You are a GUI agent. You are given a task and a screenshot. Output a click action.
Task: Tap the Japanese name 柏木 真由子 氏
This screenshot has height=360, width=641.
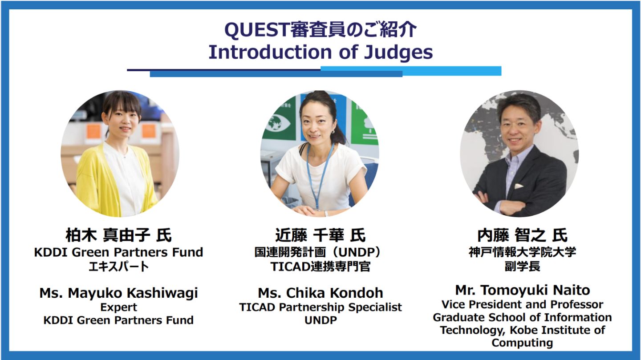tap(118, 235)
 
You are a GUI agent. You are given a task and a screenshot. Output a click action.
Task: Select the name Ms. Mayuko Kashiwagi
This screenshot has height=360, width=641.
tap(118, 293)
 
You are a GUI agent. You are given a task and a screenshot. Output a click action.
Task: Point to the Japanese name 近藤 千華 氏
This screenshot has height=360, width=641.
tap(320, 235)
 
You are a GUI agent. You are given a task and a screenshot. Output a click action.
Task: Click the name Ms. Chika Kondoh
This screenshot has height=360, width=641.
tap(320, 293)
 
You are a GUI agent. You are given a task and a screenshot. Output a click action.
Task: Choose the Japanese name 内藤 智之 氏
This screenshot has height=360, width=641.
tap(522, 235)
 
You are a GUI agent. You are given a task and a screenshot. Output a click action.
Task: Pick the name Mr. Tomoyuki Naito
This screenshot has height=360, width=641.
tap(522, 290)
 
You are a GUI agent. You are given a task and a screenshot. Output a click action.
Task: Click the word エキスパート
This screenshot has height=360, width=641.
tap(118, 267)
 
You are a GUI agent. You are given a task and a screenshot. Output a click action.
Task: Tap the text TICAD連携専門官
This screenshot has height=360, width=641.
tap(320, 267)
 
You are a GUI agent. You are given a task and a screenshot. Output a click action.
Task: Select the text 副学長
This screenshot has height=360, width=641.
tap(522, 267)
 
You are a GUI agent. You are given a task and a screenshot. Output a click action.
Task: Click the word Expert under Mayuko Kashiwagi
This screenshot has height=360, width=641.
tap(118, 307)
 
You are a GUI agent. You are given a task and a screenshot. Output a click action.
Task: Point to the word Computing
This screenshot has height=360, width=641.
tap(522, 343)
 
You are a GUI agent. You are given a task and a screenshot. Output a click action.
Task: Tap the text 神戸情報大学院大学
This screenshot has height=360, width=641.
tap(522, 252)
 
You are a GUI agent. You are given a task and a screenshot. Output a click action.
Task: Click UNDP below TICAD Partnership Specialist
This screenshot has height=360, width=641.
tap(320, 320)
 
